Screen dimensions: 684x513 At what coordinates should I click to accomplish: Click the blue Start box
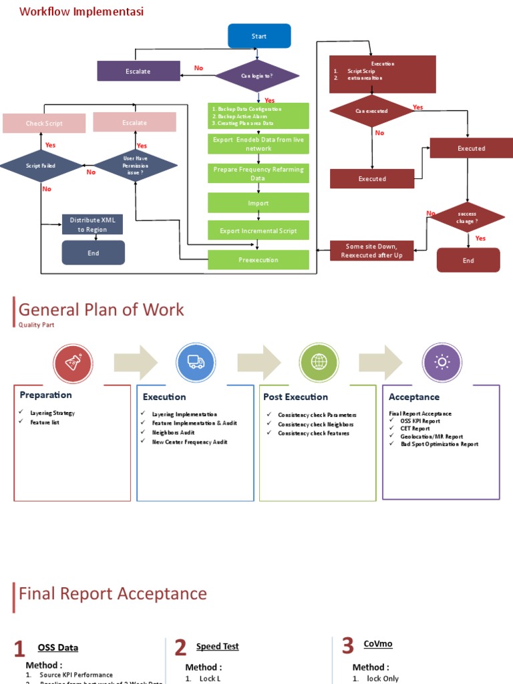click(x=259, y=36)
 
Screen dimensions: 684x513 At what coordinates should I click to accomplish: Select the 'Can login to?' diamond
click(x=257, y=76)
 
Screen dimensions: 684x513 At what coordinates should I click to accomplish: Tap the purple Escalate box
click(x=138, y=71)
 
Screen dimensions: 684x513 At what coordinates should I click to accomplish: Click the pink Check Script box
click(x=44, y=124)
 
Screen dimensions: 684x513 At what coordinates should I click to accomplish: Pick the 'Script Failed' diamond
click(x=41, y=166)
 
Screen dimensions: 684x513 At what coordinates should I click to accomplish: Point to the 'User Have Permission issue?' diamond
click(x=135, y=166)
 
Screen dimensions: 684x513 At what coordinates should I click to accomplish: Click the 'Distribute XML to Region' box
click(x=93, y=224)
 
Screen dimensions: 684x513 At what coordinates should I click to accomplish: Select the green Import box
click(x=259, y=203)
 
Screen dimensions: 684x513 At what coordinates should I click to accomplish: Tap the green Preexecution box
click(x=259, y=260)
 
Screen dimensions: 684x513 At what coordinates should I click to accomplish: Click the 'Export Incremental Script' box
click(x=259, y=231)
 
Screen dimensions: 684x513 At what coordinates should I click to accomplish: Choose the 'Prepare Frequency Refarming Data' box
click(x=259, y=174)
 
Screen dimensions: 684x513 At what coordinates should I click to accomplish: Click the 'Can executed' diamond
click(x=372, y=111)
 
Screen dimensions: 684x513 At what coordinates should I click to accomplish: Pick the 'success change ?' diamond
click(x=467, y=217)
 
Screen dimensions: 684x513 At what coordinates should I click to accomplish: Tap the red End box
click(x=468, y=261)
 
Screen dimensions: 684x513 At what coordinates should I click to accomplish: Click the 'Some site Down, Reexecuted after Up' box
click(x=372, y=251)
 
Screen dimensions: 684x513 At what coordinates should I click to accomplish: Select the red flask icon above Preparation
click(x=73, y=363)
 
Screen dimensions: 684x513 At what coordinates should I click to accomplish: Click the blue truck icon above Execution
click(x=196, y=362)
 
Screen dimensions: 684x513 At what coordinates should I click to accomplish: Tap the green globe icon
click(x=319, y=362)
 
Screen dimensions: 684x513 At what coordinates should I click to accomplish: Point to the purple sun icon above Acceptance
click(x=442, y=362)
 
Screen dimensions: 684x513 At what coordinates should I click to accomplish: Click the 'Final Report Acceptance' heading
click(x=113, y=594)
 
